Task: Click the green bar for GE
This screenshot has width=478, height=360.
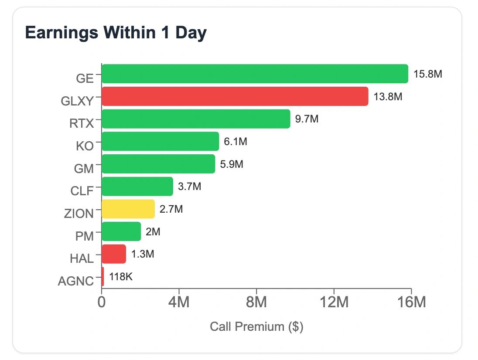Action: point(255,74)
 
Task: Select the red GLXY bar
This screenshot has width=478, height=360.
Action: point(235,96)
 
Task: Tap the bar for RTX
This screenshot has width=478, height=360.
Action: point(196,119)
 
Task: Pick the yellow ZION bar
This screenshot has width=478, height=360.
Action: point(128,209)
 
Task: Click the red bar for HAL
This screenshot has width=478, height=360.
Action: point(114,254)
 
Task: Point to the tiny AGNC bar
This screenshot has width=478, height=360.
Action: point(103,277)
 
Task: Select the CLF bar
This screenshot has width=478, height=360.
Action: point(137,187)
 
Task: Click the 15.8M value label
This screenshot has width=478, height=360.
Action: point(428,74)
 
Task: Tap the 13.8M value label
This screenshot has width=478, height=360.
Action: point(388,96)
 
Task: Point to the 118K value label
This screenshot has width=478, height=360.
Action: point(121,277)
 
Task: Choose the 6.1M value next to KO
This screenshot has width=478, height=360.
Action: point(236,142)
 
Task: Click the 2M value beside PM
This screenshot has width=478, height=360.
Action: point(153,232)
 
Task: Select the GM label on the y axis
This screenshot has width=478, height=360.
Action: point(85,168)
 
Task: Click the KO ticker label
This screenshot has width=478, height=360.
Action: point(85,146)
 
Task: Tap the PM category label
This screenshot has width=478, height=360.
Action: point(85,236)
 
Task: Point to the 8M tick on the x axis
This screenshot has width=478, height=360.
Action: point(256,302)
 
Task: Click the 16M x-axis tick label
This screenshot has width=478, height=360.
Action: point(411,302)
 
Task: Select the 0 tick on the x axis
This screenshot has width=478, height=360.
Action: point(102,302)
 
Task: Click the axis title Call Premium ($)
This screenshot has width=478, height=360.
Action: point(256,326)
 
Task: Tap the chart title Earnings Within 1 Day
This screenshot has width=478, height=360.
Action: point(116,33)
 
